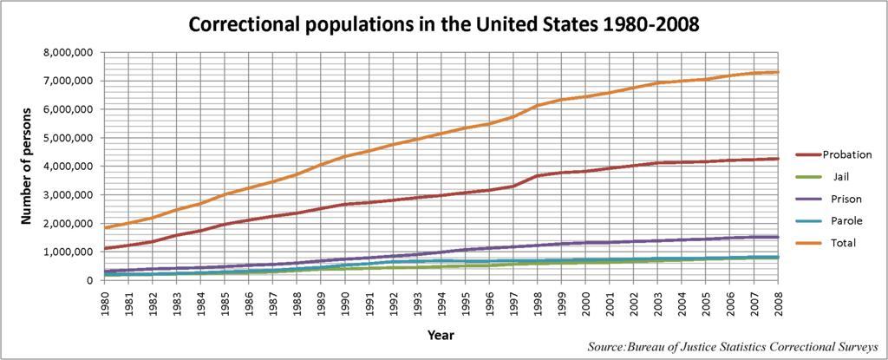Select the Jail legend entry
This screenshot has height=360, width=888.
[x=839, y=176]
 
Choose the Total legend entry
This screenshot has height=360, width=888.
[x=839, y=243]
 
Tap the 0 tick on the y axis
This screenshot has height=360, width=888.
[x=88, y=280]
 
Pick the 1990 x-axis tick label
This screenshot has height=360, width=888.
[x=346, y=300]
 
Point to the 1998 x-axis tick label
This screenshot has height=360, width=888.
[x=539, y=300]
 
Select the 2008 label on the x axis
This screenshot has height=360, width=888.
[x=778, y=300]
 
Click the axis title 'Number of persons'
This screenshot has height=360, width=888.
[x=28, y=166]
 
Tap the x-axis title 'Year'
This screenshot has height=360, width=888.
[x=441, y=334]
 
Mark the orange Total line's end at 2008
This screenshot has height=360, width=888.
[x=778, y=72]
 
